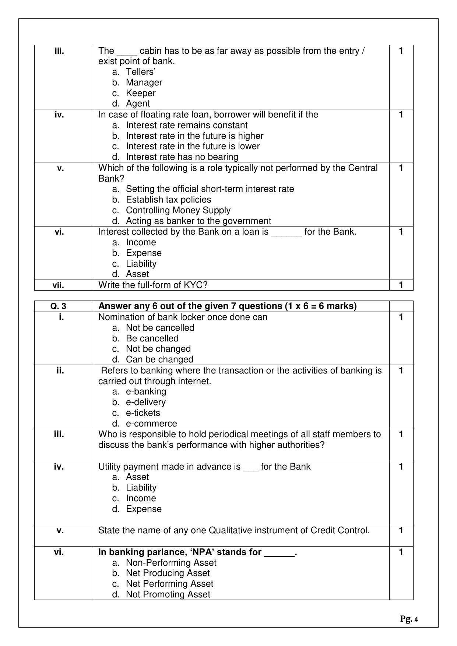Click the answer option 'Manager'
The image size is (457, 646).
pyautogui.click(x=144, y=82)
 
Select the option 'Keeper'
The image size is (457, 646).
pyautogui.click(x=141, y=93)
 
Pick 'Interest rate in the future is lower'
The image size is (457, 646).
pyautogui.click(x=193, y=146)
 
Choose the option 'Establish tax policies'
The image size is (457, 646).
pyautogui.click(x=168, y=200)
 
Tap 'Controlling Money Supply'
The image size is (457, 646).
pyautogui.click(x=178, y=210)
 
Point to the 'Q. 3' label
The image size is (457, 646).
pyautogui.click(x=59, y=306)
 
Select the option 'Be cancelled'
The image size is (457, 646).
pyautogui.click(x=152, y=338)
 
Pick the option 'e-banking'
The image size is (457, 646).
pyautogui.click(x=146, y=392)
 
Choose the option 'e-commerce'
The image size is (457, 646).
pyautogui.click(x=151, y=424)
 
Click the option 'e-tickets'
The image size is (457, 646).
pyautogui.click(x=143, y=413)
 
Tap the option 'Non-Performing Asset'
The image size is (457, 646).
pyautogui.click(x=171, y=563)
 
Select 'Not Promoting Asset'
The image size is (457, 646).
pyautogui.click(x=168, y=594)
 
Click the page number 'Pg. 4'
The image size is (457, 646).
pyautogui.click(x=409, y=619)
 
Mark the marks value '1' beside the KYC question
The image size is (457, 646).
pyautogui.click(x=401, y=285)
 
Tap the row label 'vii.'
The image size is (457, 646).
pyautogui.click(x=59, y=285)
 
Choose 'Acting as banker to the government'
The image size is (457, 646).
pyautogui.click(x=198, y=221)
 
